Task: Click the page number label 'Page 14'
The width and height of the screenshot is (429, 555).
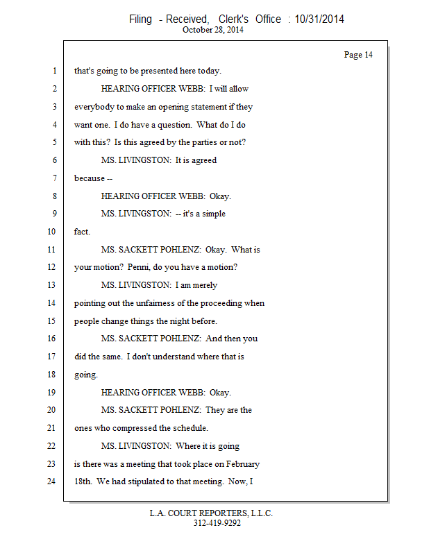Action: point(358,55)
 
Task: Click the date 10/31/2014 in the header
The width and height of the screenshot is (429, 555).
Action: point(319,19)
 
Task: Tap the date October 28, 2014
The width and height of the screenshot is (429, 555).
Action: point(213,30)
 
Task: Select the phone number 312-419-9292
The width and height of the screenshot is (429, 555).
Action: point(217,524)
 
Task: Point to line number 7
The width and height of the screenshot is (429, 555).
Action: point(53,178)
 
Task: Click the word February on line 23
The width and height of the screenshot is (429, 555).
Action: point(241,463)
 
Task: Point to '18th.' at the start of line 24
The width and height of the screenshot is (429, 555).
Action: point(84,481)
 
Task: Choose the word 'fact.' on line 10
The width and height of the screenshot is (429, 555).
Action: point(82,232)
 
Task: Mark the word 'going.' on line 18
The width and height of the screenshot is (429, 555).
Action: point(86,374)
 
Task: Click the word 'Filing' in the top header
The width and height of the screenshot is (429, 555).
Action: point(140,19)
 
